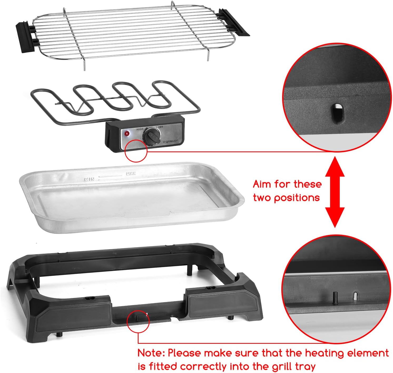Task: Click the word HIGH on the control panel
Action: [x=140, y=129]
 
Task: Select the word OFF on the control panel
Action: [x=160, y=127]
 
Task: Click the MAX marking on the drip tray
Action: [x=131, y=174]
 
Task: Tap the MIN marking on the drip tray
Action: [x=89, y=179]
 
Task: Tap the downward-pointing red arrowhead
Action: [x=335, y=218]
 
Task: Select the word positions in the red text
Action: [x=297, y=198]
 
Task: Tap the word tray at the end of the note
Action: [x=305, y=367]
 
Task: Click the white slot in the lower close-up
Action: [x=356, y=296]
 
